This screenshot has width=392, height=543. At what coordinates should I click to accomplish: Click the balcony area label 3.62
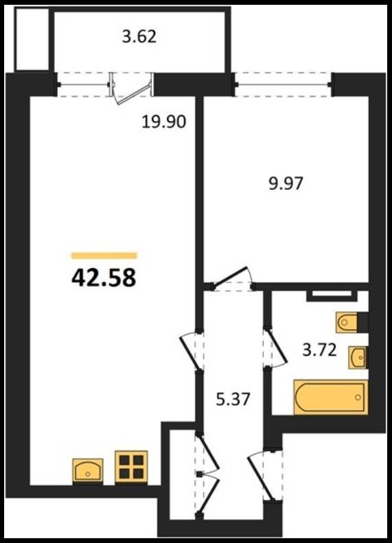tap(139, 37)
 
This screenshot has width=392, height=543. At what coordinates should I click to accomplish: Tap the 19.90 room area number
tap(164, 122)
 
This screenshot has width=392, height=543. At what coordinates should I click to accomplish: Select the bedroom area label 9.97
tap(286, 183)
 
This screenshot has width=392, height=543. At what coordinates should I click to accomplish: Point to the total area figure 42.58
tap(104, 278)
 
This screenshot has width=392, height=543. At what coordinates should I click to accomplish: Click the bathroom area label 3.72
tap(319, 350)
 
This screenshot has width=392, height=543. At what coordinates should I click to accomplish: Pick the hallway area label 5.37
tap(233, 399)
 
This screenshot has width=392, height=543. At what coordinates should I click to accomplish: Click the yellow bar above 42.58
tap(104, 256)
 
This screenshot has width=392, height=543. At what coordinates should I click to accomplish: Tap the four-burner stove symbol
tap(132, 466)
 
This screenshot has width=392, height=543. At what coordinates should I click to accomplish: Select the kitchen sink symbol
tap(88, 470)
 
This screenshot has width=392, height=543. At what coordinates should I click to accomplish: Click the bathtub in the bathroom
tap(331, 397)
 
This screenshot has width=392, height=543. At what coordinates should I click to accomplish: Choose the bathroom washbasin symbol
tap(357, 357)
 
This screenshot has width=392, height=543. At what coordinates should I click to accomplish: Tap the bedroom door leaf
tap(231, 276)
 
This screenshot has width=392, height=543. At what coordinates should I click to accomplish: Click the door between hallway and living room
tap(190, 350)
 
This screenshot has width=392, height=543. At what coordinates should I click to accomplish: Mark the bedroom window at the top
tap(282, 84)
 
